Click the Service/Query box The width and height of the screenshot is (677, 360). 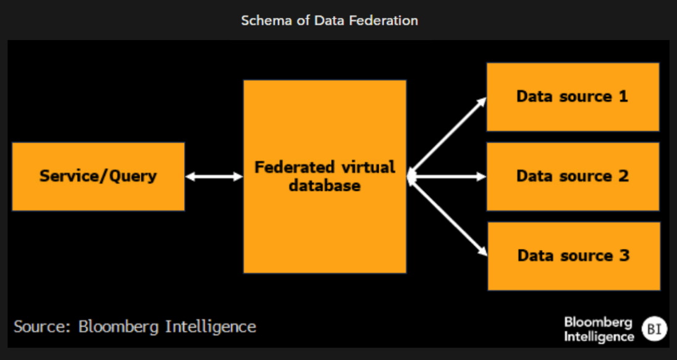pyautogui.click(x=98, y=176)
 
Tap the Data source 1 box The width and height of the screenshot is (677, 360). pyautogui.click(x=573, y=97)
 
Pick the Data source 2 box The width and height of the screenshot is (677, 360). pyautogui.click(x=573, y=176)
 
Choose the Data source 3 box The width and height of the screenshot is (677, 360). pyautogui.click(x=573, y=256)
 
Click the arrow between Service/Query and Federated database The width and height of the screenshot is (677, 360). pyautogui.click(x=214, y=177)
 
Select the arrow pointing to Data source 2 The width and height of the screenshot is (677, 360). pyautogui.click(x=448, y=177)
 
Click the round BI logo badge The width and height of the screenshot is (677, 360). pyautogui.click(x=654, y=329)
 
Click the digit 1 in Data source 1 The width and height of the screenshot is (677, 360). pyautogui.click(x=623, y=96)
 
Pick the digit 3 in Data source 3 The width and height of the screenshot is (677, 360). pyautogui.click(x=623, y=256)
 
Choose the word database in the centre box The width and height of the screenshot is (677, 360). pyautogui.click(x=324, y=185)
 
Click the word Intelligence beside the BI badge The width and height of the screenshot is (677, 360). pyautogui.click(x=599, y=337)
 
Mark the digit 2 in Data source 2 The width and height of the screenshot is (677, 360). pyautogui.click(x=623, y=176)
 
